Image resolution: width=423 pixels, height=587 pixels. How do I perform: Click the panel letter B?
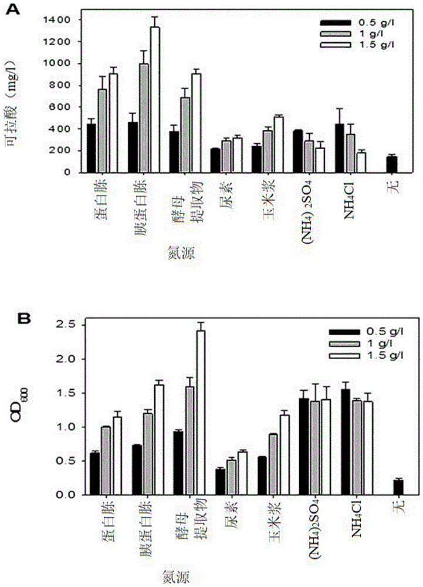pyautogui.click(x=24, y=319)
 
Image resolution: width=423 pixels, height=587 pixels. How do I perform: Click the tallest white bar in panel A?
pyautogui.click(x=155, y=100)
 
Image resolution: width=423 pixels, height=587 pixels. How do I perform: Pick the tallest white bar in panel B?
pyautogui.click(x=201, y=413)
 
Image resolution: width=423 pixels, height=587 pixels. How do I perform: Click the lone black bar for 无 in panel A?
pyautogui.click(x=392, y=165)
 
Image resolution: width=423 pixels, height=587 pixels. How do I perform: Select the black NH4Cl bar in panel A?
pyautogui.click(x=340, y=149)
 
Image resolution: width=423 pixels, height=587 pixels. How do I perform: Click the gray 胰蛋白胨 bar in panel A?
pyautogui.click(x=144, y=119)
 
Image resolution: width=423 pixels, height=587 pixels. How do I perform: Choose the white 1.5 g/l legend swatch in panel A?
pyautogui.click(x=335, y=45)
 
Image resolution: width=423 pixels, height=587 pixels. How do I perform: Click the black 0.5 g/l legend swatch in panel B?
pyautogui.click(x=344, y=332)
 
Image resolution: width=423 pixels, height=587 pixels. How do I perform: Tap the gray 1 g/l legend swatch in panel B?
pyautogui.click(x=344, y=343)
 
